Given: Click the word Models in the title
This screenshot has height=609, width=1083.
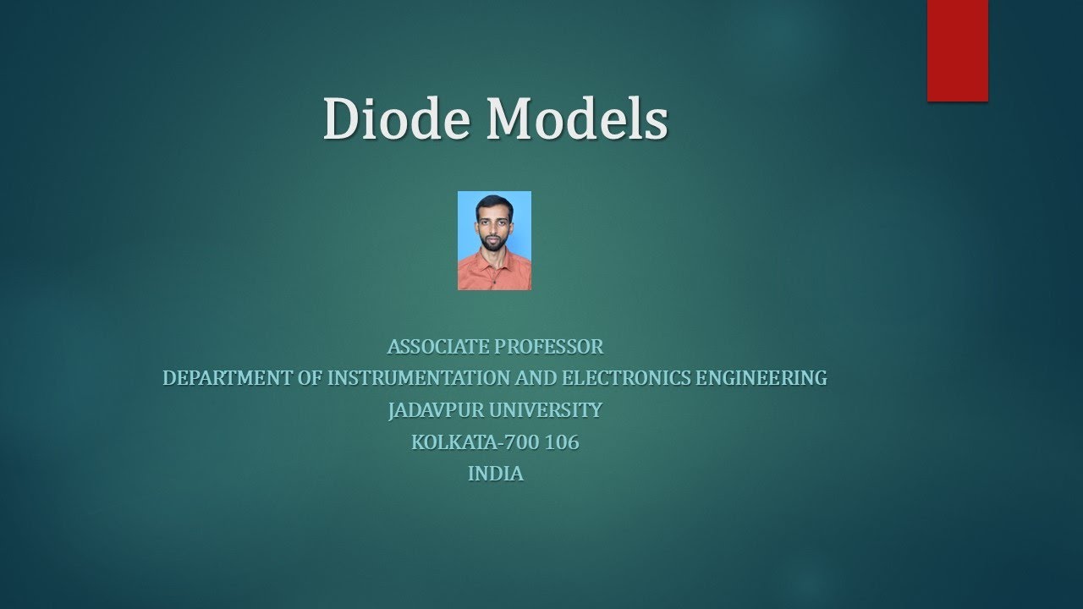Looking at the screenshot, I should pos(577,118).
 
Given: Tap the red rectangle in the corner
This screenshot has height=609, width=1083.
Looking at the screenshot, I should pos(957,50).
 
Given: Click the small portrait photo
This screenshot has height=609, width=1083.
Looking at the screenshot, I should pos(494,240).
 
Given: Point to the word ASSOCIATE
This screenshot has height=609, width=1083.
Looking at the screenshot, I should pos(437,346).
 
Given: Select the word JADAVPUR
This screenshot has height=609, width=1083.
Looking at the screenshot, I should pos(426,410).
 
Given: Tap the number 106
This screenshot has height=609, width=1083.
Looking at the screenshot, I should pos(563,442).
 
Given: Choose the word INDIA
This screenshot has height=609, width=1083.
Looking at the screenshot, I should pos(495,474).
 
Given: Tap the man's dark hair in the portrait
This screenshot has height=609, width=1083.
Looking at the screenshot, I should pos(494,203).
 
